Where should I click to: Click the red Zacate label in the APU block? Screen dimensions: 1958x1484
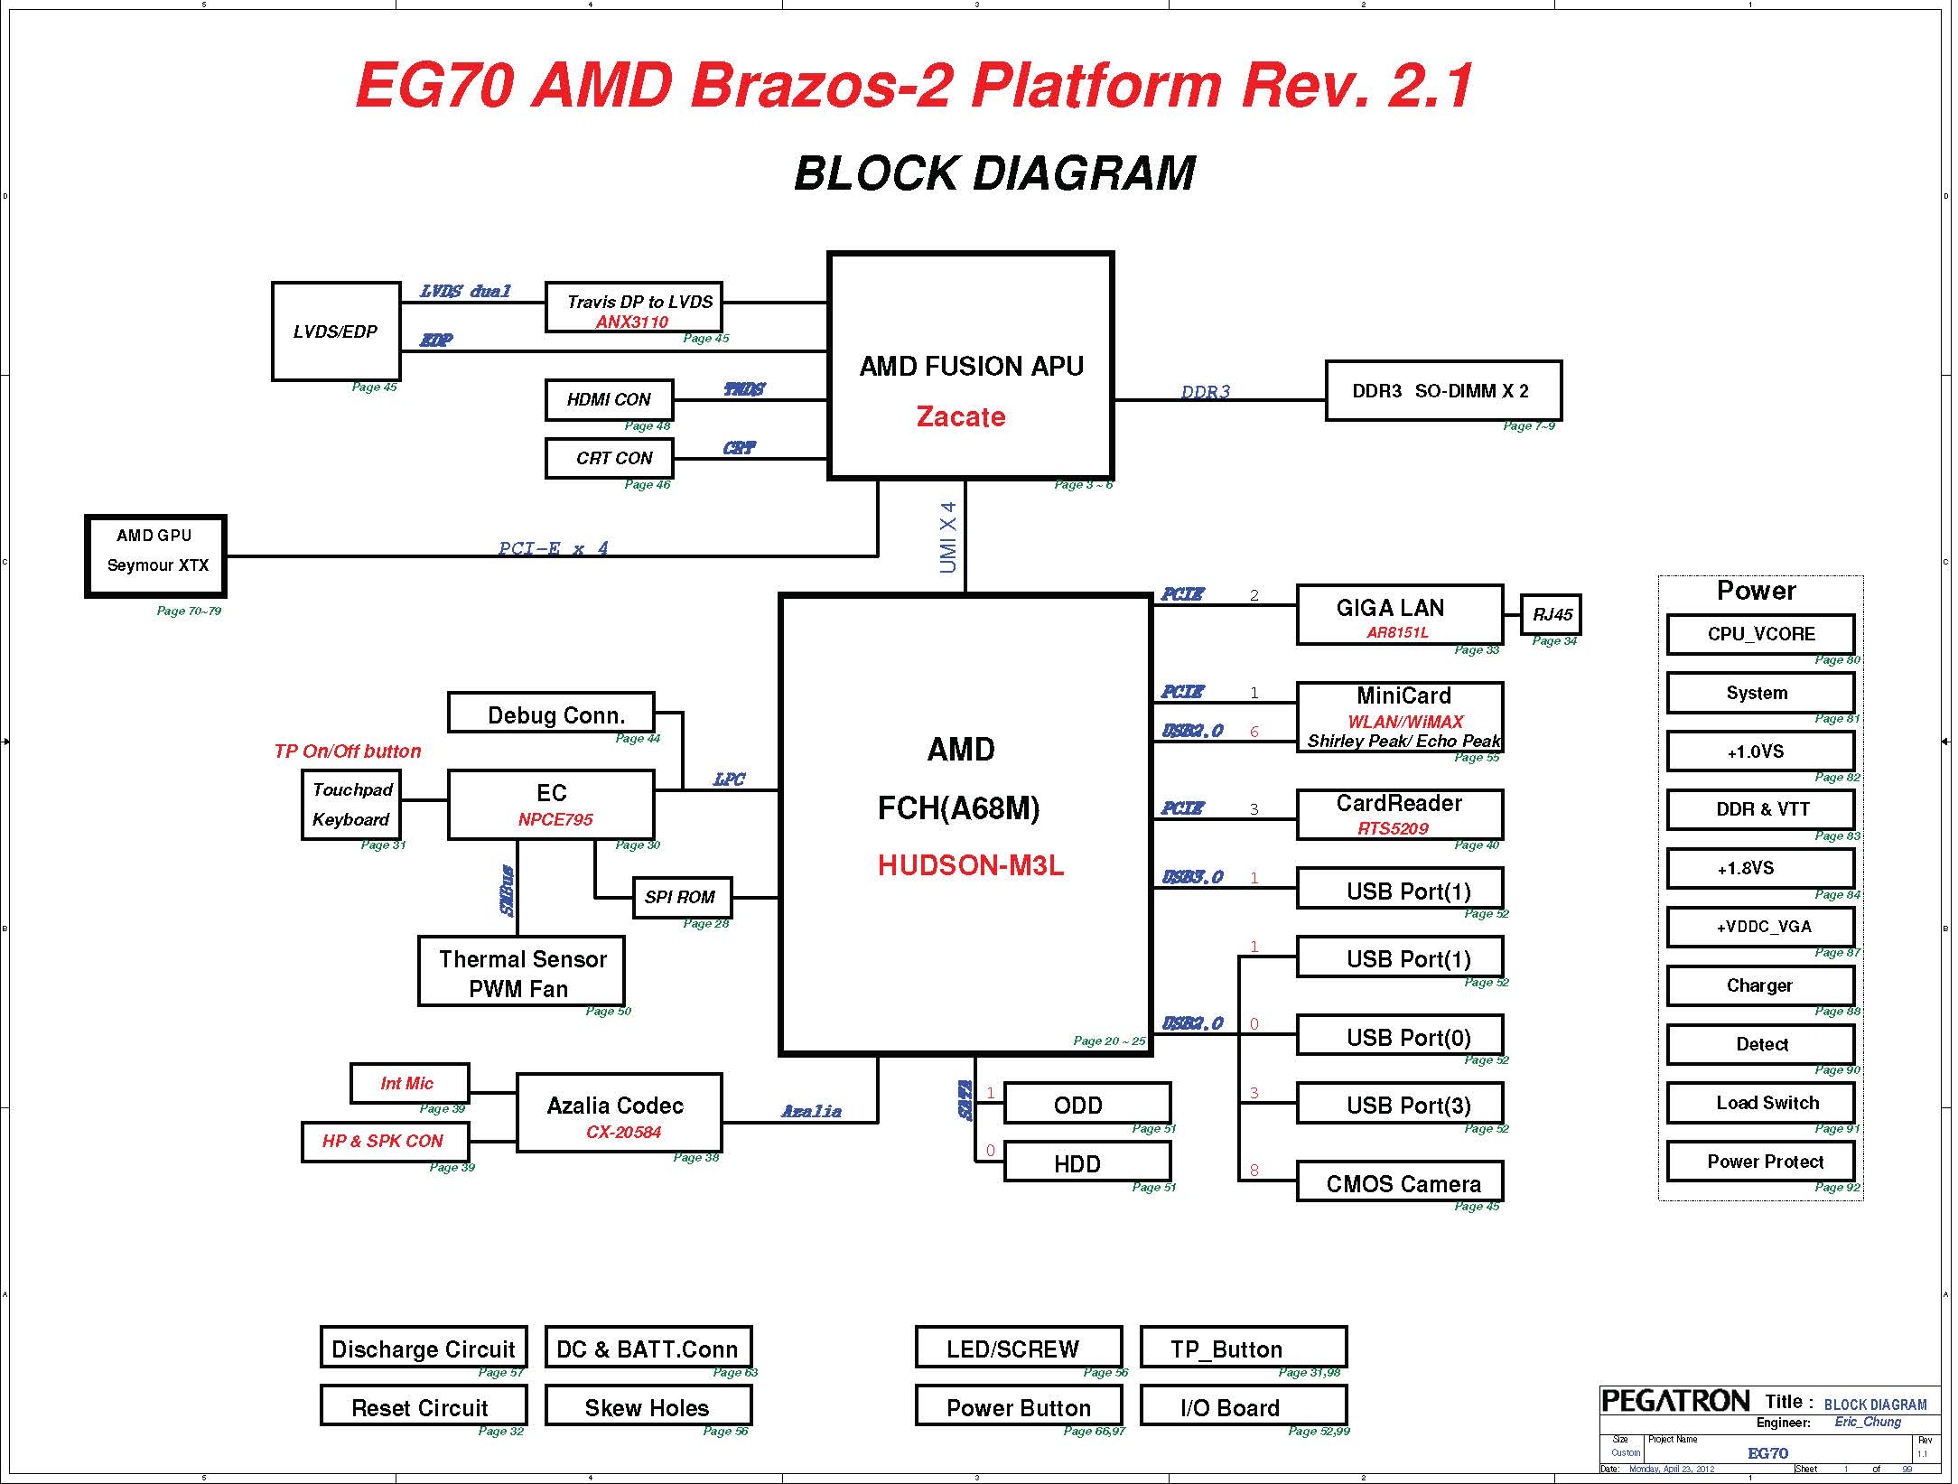(x=961, y=416)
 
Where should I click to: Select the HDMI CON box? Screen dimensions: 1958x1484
(x=610, y=400)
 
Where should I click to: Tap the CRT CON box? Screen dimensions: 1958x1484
(x=610, y=459)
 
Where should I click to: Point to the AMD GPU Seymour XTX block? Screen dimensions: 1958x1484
(x=155, y=556)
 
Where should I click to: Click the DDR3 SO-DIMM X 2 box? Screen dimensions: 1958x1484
(x=1443, y=391)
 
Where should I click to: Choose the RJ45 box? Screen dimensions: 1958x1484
(x=1552, y=615)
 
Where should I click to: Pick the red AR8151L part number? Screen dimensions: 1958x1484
(x=1397, y=632)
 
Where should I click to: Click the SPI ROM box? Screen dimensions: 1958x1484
(x=682, y=898)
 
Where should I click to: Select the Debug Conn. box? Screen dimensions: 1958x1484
(x=551, y=713)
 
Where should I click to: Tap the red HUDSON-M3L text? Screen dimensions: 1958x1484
(x=971, y=865)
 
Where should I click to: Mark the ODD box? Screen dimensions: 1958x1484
(x=1087, y=1104)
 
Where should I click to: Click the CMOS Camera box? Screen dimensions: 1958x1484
(x=1400, y=1181)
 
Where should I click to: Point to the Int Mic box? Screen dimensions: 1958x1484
(x=409, y=1083)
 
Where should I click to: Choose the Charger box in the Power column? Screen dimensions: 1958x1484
(x=1760, y=985)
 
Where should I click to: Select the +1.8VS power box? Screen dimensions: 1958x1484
(x=1760, y=869)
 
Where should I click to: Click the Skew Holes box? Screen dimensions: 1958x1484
(x=648, y=1405)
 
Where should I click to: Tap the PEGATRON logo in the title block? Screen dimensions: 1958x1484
(x=1675, y=1401)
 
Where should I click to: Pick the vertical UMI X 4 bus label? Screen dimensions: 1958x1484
(x=947, y=537)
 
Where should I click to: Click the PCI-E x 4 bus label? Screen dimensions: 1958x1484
(x=554, y=547)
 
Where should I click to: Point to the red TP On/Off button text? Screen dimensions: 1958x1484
(x=348, y=751)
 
